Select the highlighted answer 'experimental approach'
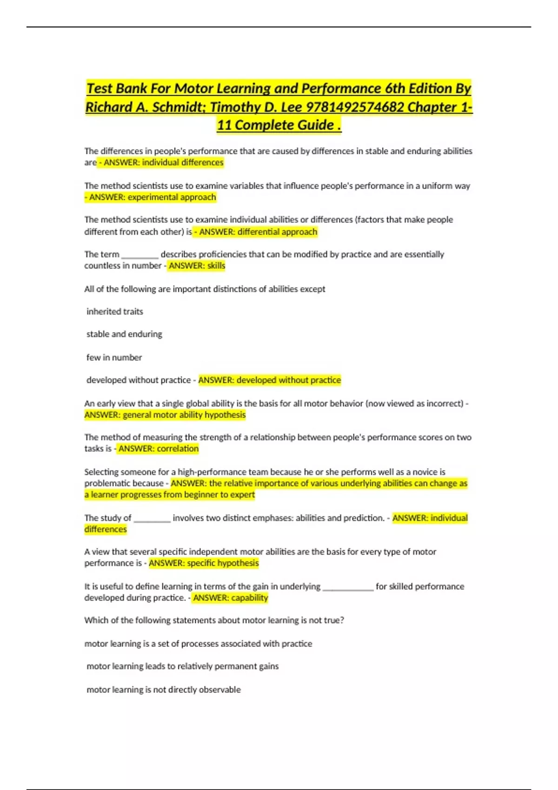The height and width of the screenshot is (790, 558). coord(153,197)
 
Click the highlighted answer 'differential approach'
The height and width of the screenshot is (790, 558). coord(258,231)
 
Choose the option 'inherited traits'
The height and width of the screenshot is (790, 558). coord(115,311)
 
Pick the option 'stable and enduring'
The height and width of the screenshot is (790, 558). coord(124,334)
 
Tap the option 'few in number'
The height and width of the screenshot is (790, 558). coord(114,357)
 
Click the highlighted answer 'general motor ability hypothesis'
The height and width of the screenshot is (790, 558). coord(165,415)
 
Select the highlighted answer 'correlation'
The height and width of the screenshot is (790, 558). coord(159,448)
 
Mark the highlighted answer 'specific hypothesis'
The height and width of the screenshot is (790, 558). coord(204,563)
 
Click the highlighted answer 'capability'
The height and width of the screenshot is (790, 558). coord(231,598)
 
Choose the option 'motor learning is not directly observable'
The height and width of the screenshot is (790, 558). coord(164,690)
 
